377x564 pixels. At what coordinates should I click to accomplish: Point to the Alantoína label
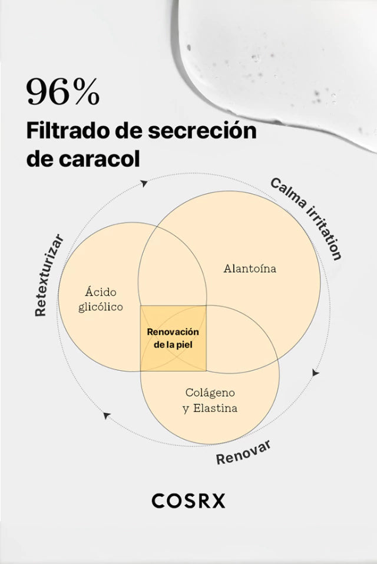[250, 269]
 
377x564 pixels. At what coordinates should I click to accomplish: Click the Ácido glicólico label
[101, 299]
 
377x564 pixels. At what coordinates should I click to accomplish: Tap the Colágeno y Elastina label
[210, 400]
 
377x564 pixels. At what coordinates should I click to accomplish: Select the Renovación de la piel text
[173, 338]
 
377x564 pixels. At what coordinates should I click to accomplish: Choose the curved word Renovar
[243, 452]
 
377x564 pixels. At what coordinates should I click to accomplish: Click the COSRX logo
[188, 501]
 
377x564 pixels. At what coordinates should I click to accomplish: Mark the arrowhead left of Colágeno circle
[107, 415]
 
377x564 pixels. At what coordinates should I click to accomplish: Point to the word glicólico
[101, 307]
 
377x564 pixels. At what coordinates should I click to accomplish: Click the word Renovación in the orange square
[173, 332]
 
